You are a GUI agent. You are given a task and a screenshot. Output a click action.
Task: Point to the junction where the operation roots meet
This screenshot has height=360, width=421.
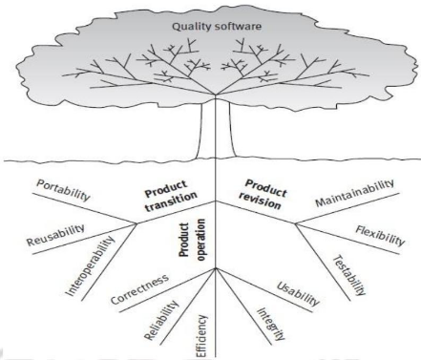point(217,270)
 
